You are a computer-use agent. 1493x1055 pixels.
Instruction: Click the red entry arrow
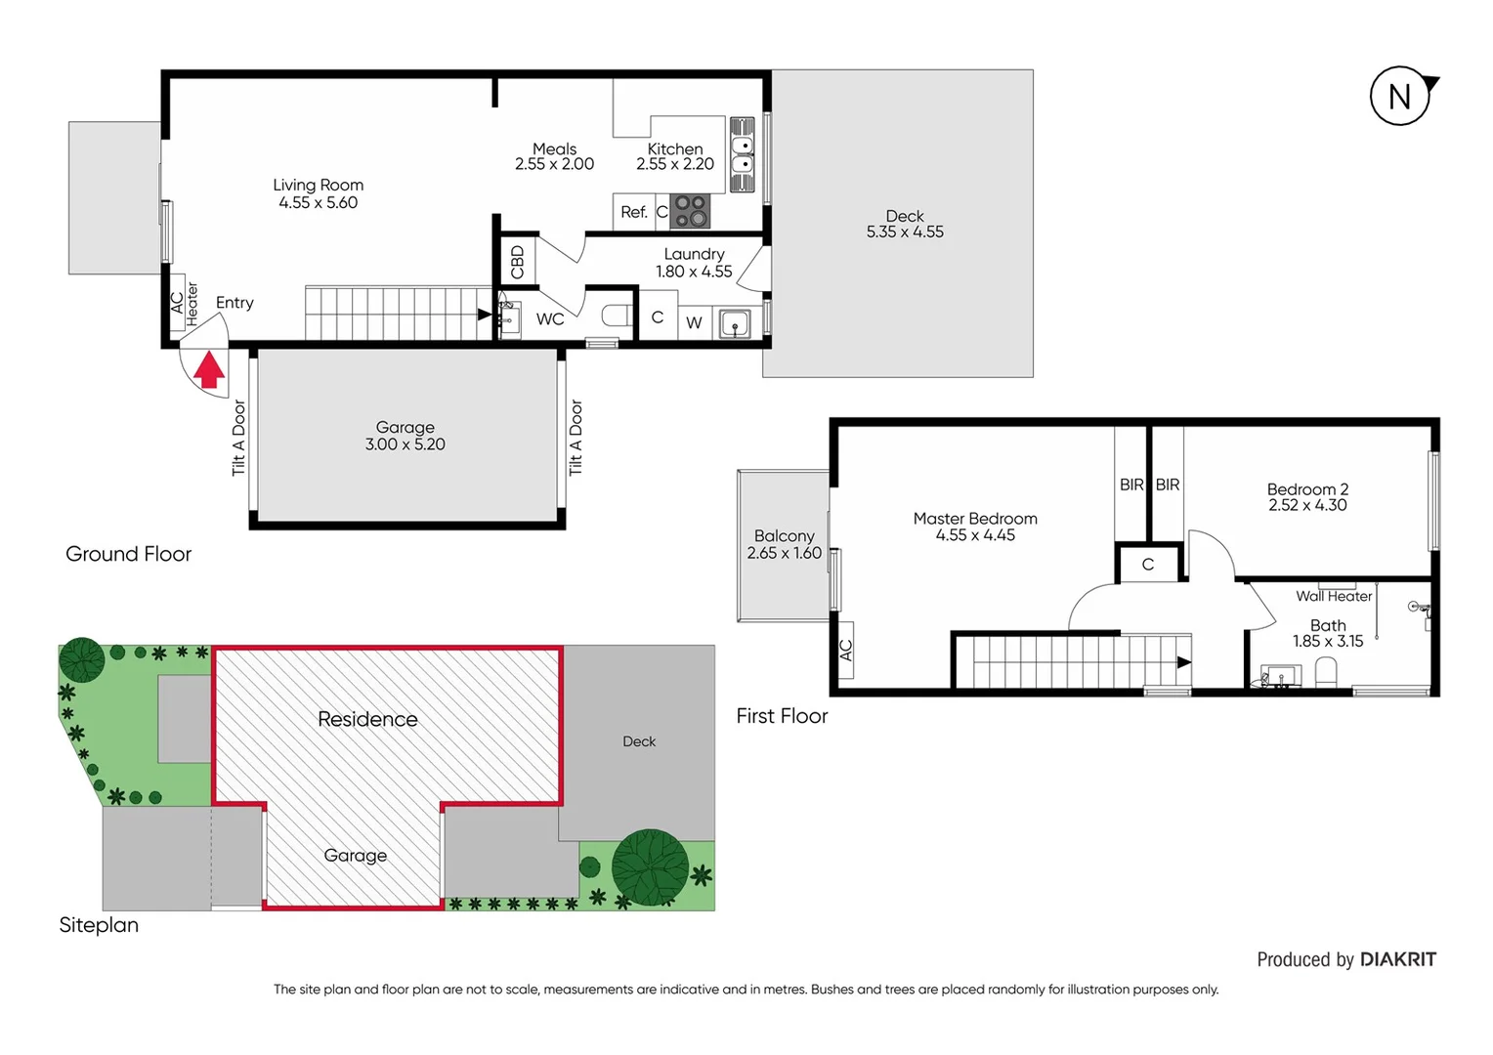[x=209, y=371]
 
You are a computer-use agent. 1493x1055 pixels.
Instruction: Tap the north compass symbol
[x=1400, y=96]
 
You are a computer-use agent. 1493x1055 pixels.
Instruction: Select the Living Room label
[x=318, y=185]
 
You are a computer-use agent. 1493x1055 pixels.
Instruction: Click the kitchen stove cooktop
[x=690, y=211]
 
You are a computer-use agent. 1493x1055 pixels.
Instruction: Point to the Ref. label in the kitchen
[x=634, y=212]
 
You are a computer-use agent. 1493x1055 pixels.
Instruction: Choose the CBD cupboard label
[x=518, y=262]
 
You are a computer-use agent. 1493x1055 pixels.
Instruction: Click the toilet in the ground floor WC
[x=617, y=316]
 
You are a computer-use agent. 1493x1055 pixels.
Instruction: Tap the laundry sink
[x=735, y=323]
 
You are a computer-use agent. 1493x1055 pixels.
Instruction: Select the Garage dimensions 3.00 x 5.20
[x=405, y=444]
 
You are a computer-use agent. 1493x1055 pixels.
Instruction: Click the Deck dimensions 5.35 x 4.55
[x=905, y=232]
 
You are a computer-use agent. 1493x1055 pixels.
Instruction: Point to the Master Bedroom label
[x=975, y=519]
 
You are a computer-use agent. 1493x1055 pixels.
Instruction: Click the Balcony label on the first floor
[x=784, y=536]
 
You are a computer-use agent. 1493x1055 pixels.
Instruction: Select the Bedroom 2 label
[x=1307, y=489]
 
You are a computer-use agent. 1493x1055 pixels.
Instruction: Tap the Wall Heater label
[x=1334, y=596]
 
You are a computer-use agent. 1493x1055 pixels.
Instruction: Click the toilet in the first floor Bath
[x=1326, y=672]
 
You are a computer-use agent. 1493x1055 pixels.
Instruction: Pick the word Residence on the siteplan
[x=367, y=719]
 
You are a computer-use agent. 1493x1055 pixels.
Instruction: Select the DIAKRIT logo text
[x=1398, y=959]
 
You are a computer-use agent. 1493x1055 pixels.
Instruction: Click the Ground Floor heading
[x=128, y=554]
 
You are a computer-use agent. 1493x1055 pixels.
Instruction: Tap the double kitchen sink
[x=743, y=154]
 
